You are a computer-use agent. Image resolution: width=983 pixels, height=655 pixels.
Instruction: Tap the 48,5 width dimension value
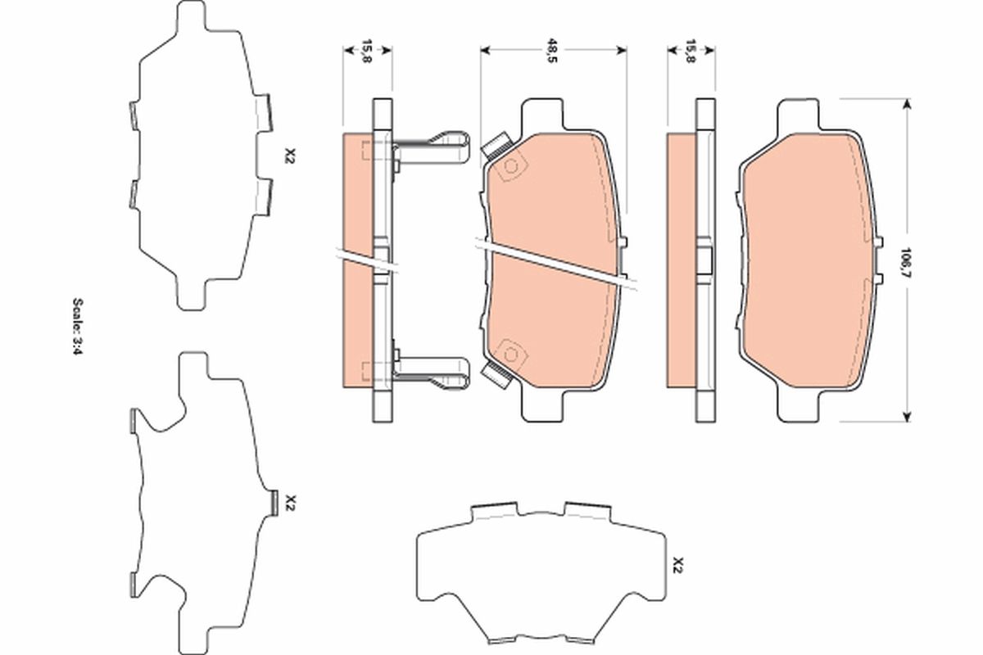pyautogui.click(x=554, y=56)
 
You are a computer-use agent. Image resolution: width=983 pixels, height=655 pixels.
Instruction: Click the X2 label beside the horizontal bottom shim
pyautogui.click(x=677, y=564)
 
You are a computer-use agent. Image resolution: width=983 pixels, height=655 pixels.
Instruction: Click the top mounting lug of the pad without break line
pyautogui.click(x=798, y=113)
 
